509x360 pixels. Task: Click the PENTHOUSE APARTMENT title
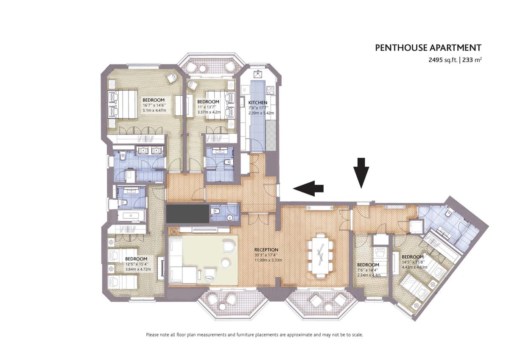[428, 48]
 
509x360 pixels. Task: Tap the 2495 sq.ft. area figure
[443, 60]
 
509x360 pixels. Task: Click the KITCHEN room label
[258, 103]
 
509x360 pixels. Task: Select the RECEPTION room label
[266, 250]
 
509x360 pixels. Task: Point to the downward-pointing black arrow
[361, 173]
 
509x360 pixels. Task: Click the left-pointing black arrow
[308, 188]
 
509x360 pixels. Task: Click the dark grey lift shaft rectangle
[187, 214]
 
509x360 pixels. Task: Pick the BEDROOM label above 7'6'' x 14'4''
[368, 265]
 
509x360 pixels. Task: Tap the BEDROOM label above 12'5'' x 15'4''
[136, 259]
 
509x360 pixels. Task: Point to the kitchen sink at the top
[258, 73]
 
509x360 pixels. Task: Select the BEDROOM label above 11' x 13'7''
[208, 101]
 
